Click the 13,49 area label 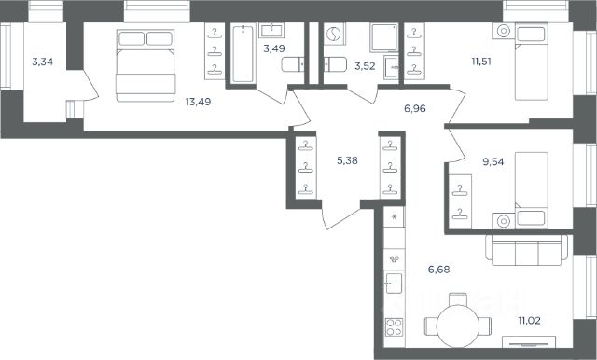coord(198,102)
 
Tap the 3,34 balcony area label coord(42,62)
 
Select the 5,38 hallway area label coord(347,160)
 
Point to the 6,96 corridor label coord(414,109)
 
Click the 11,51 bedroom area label coord(481,62)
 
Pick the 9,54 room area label coord(493,161)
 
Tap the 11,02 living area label coord(529,321)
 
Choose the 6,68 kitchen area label coord(438,270)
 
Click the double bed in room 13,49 coord(146,65)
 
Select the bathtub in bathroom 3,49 coord(243,53)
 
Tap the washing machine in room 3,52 coord(335,34)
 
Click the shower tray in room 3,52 coord(383,37)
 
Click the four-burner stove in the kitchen coord(394,327)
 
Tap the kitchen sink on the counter coord(394,283)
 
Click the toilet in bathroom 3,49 coord(293,64)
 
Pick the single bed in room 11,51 coord(531,62)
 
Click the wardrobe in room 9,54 coord(460,201)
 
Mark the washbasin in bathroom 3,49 coord(271,31)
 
